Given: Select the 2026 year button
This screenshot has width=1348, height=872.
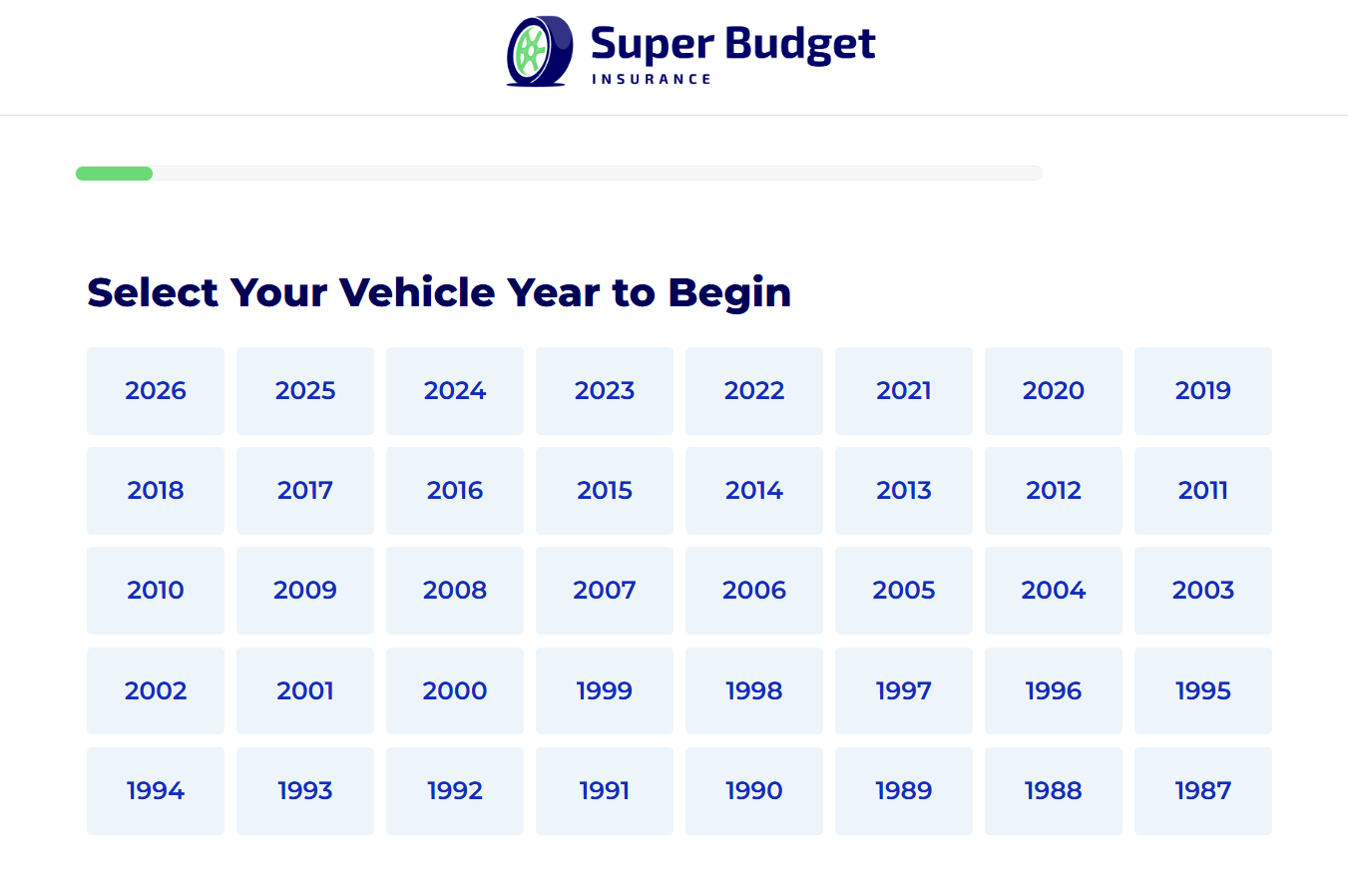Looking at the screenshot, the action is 156,390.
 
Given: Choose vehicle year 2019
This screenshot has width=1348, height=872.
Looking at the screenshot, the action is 1203,390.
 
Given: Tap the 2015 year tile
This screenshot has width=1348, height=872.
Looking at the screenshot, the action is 605,491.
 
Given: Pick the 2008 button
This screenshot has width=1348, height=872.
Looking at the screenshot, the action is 454,591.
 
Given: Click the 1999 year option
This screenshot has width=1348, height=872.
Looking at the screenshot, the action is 605,690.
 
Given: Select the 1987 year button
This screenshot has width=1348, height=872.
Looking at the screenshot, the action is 1203,791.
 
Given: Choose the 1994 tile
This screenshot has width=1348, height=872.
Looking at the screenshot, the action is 156,791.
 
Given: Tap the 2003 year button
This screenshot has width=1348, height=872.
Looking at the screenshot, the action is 1203,591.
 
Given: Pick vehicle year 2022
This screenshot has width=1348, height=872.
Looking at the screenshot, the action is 754,390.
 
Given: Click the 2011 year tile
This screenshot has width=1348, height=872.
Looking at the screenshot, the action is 1203,491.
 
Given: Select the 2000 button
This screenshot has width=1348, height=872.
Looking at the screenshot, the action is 454,690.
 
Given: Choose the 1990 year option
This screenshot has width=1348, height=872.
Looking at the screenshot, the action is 754,791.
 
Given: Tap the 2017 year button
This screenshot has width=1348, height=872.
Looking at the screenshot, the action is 305,491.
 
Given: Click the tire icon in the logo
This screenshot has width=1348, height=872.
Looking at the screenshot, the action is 540,51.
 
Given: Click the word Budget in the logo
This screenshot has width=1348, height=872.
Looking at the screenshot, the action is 800,45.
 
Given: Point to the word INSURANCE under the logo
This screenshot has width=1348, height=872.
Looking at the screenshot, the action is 652,80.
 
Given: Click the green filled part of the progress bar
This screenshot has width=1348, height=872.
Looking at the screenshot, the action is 114,174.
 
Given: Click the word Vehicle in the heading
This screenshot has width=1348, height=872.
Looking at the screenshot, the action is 417,293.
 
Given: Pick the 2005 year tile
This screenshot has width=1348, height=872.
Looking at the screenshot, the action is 904,591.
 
